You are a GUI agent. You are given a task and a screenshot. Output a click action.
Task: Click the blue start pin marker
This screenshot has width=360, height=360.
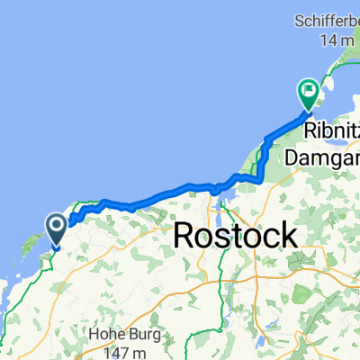(x=55, y=229)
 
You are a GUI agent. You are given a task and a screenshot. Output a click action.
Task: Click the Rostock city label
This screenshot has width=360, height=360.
(x=234, y=237)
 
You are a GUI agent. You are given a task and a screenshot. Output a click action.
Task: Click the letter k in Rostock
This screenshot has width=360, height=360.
(x=286, y=237)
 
